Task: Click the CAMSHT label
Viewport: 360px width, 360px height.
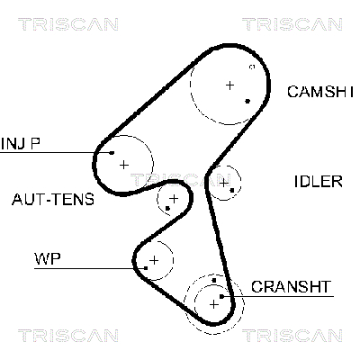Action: [320, 91]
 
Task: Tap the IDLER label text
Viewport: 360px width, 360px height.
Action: [318, 181]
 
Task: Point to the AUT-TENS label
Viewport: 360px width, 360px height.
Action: [52, 199]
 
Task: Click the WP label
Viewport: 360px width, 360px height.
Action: [47, 258]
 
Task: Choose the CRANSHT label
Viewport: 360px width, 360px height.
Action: [292, 287]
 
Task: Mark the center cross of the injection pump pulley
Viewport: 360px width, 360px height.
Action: [124, 164]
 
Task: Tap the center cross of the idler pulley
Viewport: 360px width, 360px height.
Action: [223, 183]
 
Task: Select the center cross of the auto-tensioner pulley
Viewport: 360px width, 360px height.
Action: [173, 197]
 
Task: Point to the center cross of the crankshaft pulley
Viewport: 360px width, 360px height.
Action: [213, 303]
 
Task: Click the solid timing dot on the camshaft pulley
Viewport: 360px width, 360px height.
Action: [247, 101]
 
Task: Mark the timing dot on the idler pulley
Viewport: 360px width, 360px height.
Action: [232, 190]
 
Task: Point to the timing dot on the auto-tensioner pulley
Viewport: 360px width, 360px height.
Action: [167, 209]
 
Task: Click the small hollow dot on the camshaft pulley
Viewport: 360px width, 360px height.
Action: [252, 67]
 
